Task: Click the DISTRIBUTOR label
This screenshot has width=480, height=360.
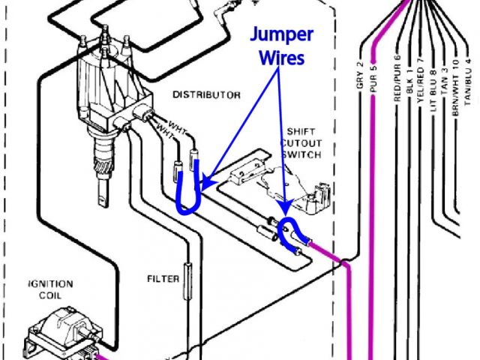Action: [206, 95]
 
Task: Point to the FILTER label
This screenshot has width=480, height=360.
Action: [163, 279]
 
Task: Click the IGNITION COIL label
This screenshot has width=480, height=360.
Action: [50, 289]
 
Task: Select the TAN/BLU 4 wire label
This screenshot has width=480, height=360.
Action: [469, 80]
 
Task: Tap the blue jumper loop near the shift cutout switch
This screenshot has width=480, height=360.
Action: [286, 231]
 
